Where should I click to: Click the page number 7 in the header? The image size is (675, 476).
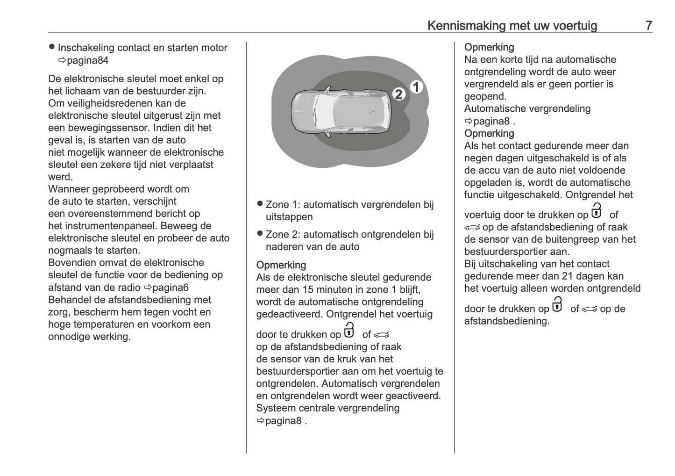click(649, 25)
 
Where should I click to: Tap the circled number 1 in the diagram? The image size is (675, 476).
click(416, 87)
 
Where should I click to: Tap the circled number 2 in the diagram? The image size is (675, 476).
click(398, 94)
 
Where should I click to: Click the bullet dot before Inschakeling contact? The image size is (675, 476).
click(52, 47)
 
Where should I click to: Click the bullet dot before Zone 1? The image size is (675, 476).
click(260, 204)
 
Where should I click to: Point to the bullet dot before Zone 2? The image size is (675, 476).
click(260, 234)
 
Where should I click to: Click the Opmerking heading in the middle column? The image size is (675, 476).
click(281, 265)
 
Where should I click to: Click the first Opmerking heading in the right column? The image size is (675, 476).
click(489, 47)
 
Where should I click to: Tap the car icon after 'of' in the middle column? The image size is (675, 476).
click(381, 335)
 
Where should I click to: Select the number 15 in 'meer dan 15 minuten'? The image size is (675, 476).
click(309, 289)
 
